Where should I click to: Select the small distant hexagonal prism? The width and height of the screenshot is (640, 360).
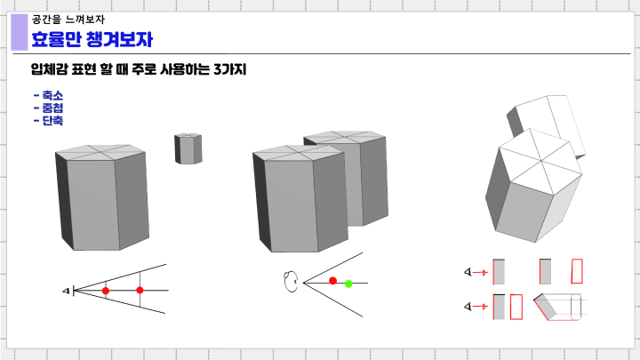click(188, 148)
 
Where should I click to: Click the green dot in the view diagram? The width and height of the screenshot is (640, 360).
click(348, 284)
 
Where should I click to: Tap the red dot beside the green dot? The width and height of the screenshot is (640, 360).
click(333, 281)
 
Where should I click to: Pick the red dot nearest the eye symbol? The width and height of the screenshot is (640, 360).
click(106, 291)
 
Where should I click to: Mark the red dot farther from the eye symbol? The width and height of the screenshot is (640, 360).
click(140, 291)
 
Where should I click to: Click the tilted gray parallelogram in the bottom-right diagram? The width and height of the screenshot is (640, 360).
click(548, 307)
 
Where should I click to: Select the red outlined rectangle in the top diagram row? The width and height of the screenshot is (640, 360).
click(578, 271)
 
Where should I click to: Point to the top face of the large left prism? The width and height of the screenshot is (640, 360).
click(100, 152)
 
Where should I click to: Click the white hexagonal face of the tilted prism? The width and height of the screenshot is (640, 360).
click(538, 162)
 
